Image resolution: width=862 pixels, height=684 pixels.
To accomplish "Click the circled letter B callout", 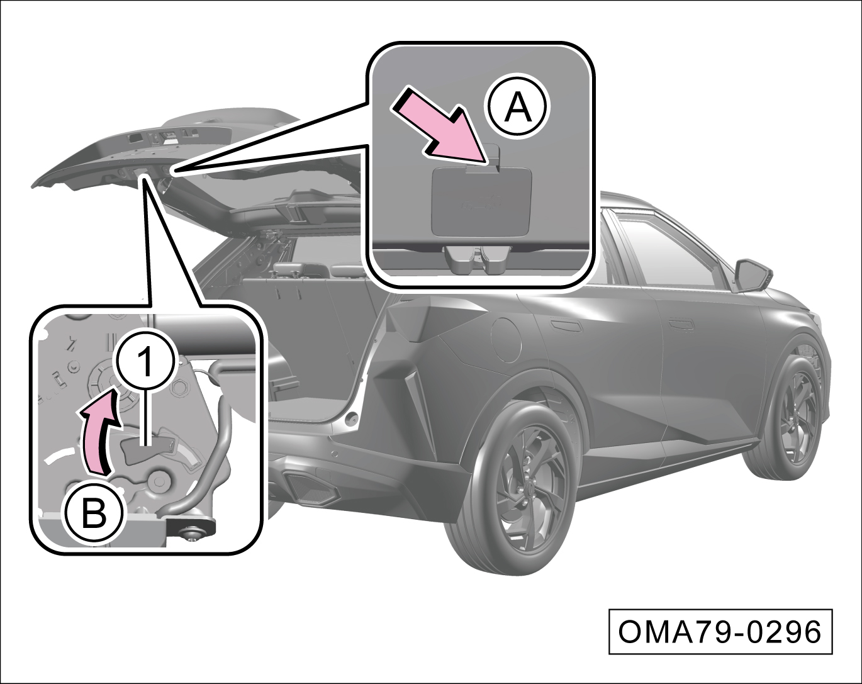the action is click(94, 513).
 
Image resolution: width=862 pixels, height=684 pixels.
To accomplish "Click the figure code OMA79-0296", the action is click(720, 632).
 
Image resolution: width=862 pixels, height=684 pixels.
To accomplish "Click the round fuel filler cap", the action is click(506, 339).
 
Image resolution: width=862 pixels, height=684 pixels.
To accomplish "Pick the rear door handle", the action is click(566, 325).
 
